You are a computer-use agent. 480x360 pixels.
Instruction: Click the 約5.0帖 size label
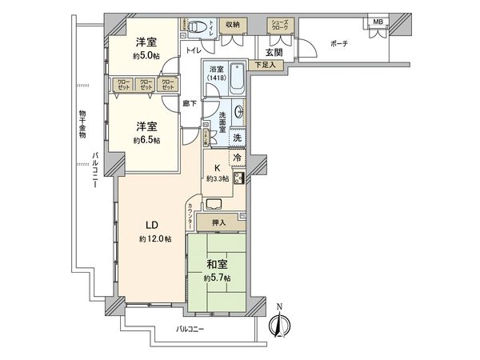pyautogui.click(x=146, y=56)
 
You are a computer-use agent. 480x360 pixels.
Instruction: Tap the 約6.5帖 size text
pyautogui.click(x=146, y=140)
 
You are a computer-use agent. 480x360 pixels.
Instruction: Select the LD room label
pyautogui.click(x=150, y=226)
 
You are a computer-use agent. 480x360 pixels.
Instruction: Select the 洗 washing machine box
pyautogui.click(x=238, y=138)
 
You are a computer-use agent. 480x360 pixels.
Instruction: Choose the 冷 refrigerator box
pyautogui.click(x=238, y=158)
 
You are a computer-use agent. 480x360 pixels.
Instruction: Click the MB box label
pyautogui.click(x=375, y=22)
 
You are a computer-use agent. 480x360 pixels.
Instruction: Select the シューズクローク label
pyautogui.click(x=279, y=26)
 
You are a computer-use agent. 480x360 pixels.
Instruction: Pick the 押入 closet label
pyautogui.click(x=218, y=222)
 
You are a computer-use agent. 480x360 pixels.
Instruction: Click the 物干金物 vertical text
pyautogui.click(x=82, y=124)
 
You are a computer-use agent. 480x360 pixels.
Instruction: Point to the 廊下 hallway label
pyautogui.click(x=188, y=103)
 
